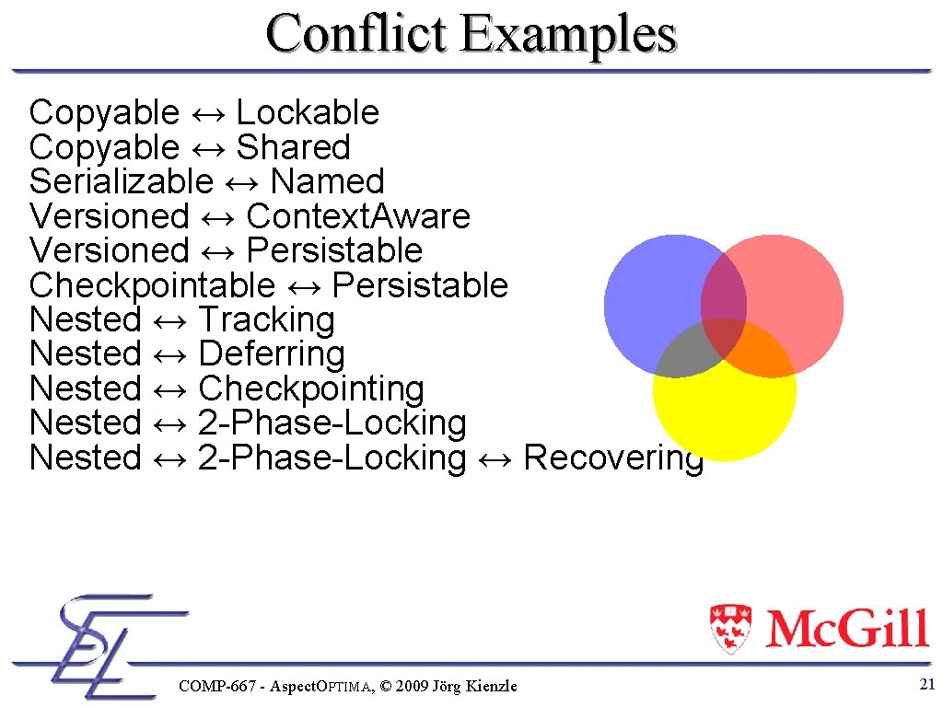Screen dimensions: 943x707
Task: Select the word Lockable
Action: tap(308, 113)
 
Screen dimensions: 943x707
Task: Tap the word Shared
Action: tap(293, 147)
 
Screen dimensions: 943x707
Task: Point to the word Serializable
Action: tap(121, 182)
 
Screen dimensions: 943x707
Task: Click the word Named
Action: tap(327, 182)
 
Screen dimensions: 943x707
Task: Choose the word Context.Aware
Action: tap(358, 216)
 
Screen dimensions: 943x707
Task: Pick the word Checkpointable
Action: tap(152, 285)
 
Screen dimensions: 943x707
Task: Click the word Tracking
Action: tap(266, 320)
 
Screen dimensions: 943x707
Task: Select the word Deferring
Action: tap(272, 354)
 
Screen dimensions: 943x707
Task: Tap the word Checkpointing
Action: tap(311, 389)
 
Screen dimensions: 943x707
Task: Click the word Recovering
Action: tap(613, 458)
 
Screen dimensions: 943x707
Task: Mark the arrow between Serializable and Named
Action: tap(241, 182)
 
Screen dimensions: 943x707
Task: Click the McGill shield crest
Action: tap(731, 628)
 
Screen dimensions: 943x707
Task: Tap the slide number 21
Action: tap(927, 683)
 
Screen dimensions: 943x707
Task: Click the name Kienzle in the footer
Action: tap(493, 686)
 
